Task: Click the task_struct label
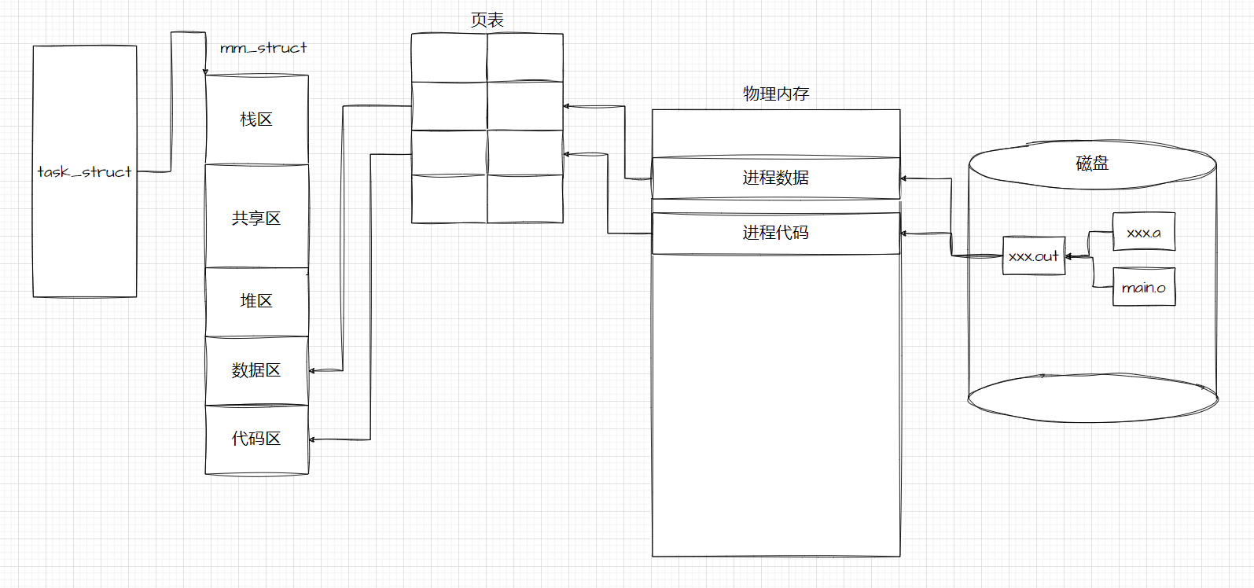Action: (84, 171)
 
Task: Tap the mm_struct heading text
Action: (263, 48)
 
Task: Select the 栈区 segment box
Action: (256, 119)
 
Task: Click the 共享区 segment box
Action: (256, 218)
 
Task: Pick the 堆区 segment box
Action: (256, 301)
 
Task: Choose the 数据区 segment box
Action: (256, 370)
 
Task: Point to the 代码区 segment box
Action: (256, 439)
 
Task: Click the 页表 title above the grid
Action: (487, 20)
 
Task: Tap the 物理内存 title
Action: (776, 94)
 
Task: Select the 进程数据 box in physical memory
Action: (775, 178)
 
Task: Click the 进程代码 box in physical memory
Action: (775, 233)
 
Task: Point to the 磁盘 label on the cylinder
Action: (1092, 164)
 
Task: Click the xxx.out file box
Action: (1034, 256)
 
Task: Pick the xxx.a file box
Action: (1143, 233)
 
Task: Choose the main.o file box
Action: (1143, 288)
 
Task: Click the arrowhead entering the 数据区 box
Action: (312, 370)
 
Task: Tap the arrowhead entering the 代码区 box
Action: (312, 439)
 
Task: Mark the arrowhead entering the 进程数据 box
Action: (904, 178)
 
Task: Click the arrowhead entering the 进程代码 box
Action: (904, 233)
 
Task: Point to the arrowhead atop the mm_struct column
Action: (206, 72)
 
